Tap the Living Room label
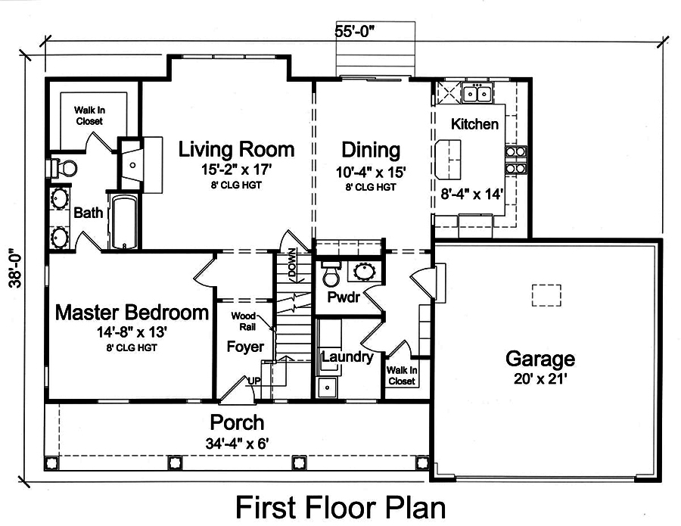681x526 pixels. pos(235,149)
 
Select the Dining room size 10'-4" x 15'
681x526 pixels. pos(370,172)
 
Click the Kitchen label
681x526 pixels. pos(474,124)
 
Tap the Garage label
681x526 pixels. pos(540,358)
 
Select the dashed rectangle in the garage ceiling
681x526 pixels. pos(546,294)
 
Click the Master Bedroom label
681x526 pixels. pos(132,312)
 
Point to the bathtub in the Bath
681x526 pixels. pos(123,221)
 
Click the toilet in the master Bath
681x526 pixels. pos(64,167)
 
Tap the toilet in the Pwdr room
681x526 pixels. pos(331,272)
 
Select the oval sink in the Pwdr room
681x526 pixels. pos(366,271)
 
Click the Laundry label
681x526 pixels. pos(347,356)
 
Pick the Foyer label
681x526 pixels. pos(245,347)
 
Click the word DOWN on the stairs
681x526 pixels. pos(292,267)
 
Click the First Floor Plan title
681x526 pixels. pos(340,506)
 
